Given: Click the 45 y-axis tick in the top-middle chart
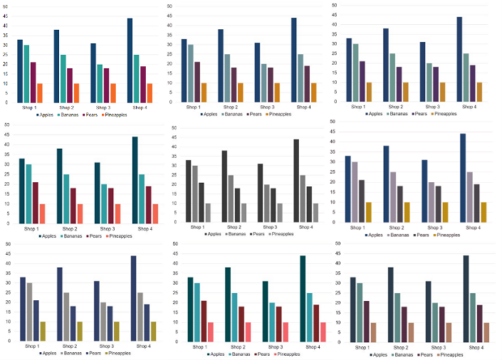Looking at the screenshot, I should tap(168, 17).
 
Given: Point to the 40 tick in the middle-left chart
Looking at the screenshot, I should tap(6, 145).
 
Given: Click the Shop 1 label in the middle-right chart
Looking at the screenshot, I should tap(357, 227).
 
